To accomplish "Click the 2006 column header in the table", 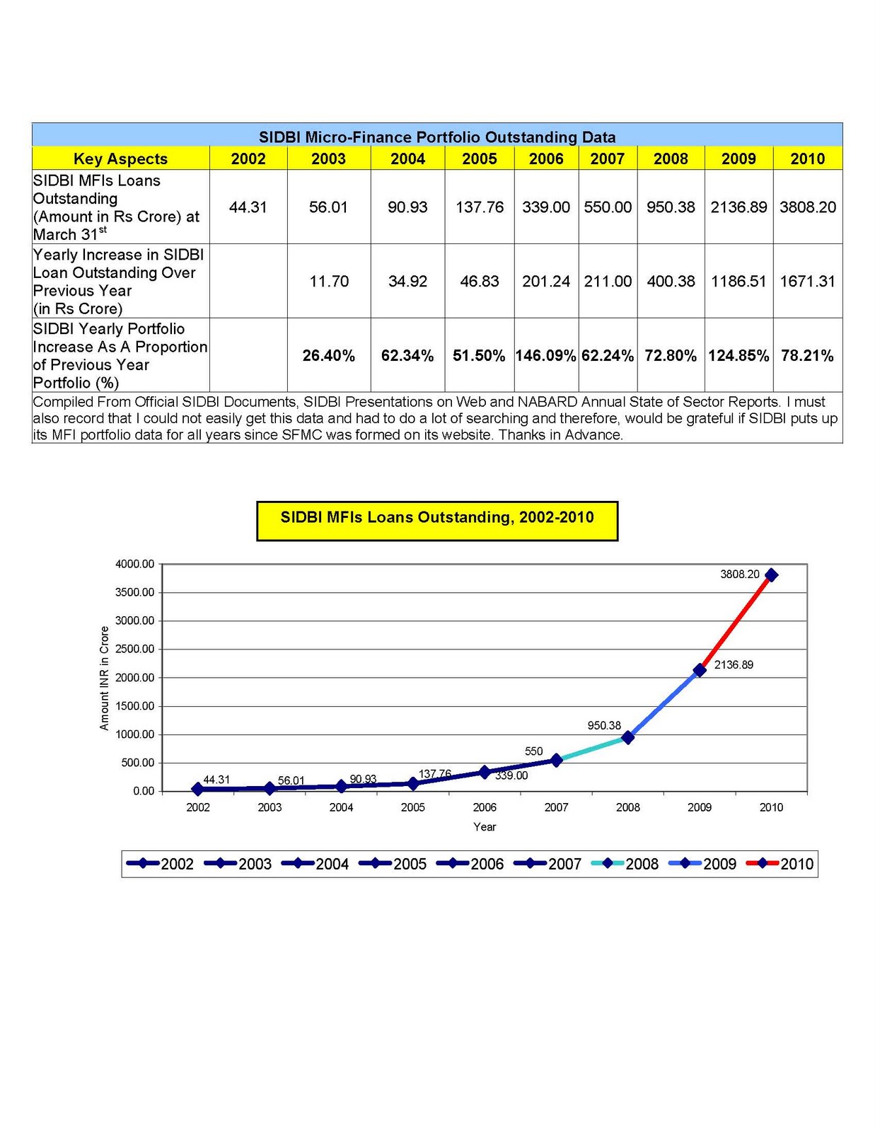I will tap(546, 158).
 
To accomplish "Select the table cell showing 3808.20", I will tap(808, 207).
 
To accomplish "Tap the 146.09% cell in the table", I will tap(546, 355).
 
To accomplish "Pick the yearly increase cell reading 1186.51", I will tap(738, 282).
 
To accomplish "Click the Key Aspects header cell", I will tap(120, 158).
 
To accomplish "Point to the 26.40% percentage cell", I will tap(329, 355).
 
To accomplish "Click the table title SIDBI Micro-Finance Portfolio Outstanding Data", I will tap(437, 137).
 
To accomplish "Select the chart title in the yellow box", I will tap(437, 518).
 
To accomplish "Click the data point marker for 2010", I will tap(771, 575).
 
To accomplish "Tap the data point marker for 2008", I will tap(628, 737).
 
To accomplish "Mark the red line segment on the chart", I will tap(736, 623).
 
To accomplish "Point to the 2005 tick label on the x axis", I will tap(413, 807).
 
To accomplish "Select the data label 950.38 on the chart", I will tap(604, 725).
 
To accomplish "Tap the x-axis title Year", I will tap(485, 827).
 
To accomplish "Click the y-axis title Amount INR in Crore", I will tap(105, 678).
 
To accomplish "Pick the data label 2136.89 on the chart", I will tap(734, 665).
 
